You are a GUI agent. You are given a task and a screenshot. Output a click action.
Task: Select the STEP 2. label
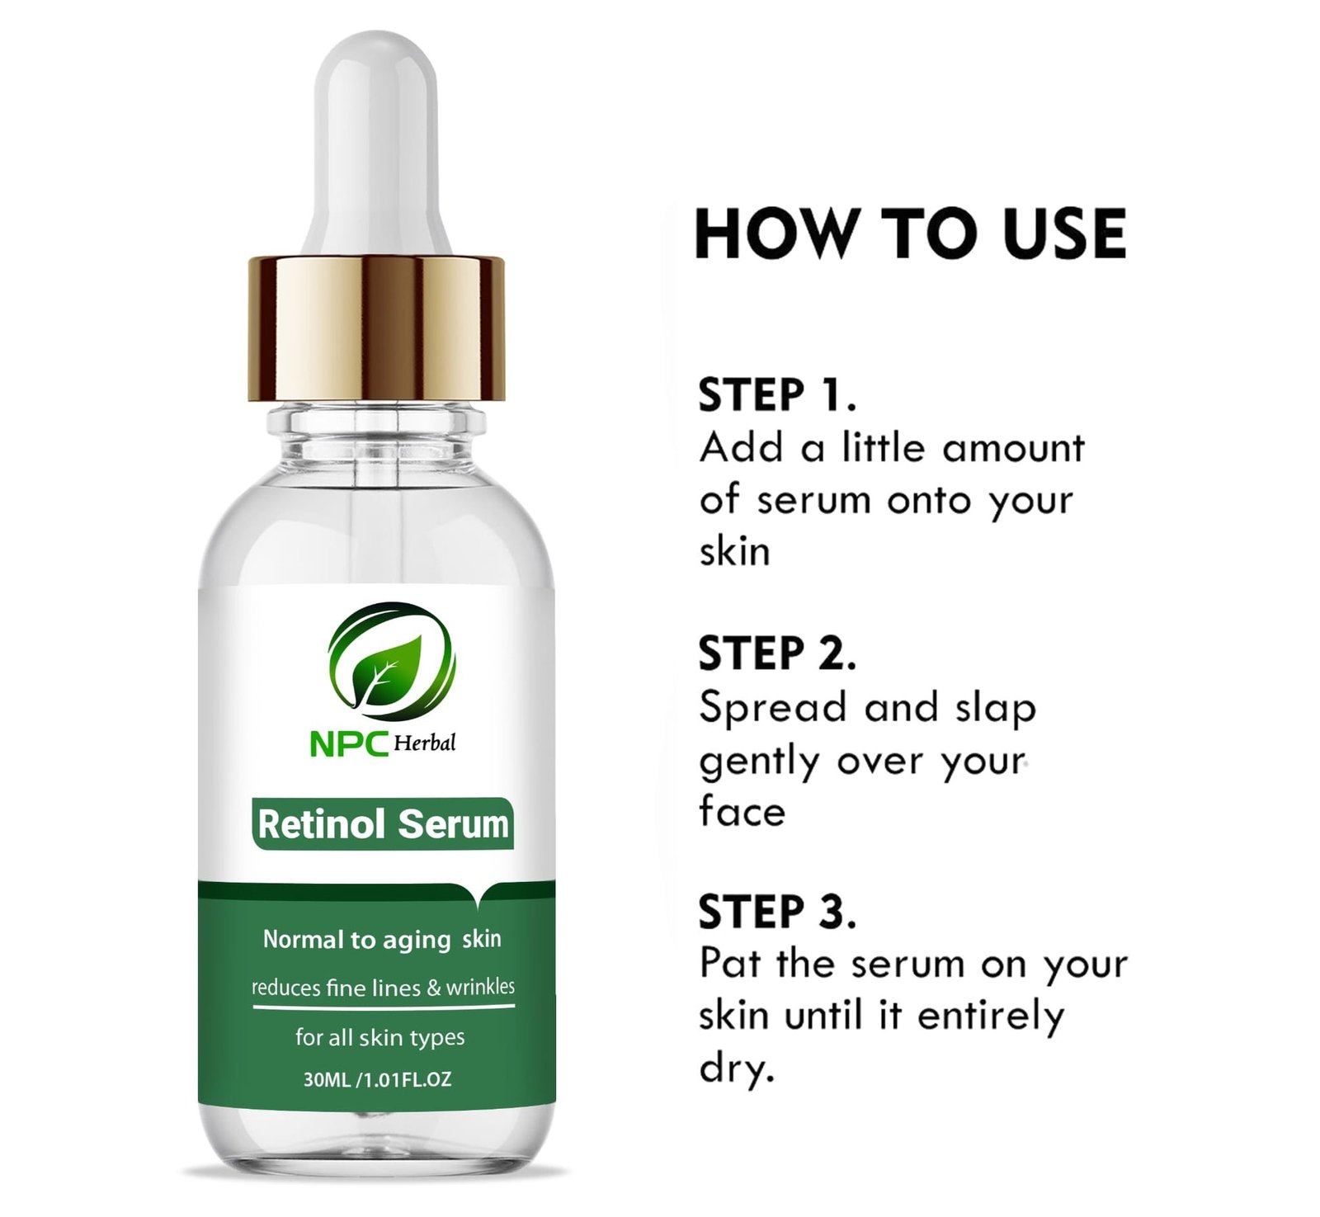[x=777, y=653]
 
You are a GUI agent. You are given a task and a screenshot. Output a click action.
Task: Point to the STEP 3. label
[x=777, y=912]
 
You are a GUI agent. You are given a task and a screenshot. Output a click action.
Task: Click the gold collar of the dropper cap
[x=377, y=328]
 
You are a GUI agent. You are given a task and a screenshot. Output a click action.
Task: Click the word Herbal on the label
[x=424, y=743]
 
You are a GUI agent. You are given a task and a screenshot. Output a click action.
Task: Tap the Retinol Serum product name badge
[x=384, y=824]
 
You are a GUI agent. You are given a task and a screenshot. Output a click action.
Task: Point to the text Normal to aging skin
[x=382, y=940]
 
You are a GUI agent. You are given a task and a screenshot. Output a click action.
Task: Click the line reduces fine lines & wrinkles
[x=383, y=987]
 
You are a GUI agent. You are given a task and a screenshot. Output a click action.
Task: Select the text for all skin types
[x=380, y=1037]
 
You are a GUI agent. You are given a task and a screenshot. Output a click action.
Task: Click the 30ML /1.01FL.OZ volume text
[x=377, y=1079]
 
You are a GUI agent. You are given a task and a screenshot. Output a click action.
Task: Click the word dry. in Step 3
[x=737, y=1068]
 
